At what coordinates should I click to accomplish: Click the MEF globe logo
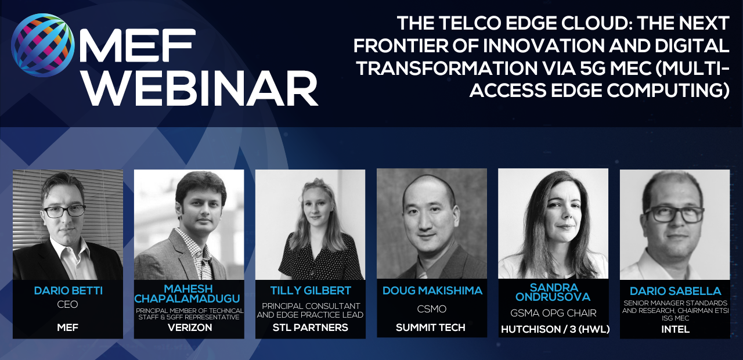pos(43,45)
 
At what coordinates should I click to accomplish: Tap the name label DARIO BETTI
pos(68,291)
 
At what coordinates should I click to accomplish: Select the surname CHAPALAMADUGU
pos(187,298)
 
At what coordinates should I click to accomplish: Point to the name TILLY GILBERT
pos(311,291)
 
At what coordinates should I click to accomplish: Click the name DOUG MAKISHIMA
pos(432,291)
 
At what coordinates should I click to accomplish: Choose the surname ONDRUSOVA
pos(553,297)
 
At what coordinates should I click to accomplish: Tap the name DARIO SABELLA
pos(675,291)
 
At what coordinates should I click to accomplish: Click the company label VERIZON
pos(190,328)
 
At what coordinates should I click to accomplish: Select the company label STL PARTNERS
pos(311,328)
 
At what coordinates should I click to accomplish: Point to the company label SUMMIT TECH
pos(431,328)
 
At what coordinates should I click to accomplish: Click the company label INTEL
pos(675,329)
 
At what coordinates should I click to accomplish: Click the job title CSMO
pos(431,309)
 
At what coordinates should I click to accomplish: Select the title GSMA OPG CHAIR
pos(553,313)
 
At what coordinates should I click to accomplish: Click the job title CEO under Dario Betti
pos(67,305)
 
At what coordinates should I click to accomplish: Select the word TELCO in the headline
pos(470,23)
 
